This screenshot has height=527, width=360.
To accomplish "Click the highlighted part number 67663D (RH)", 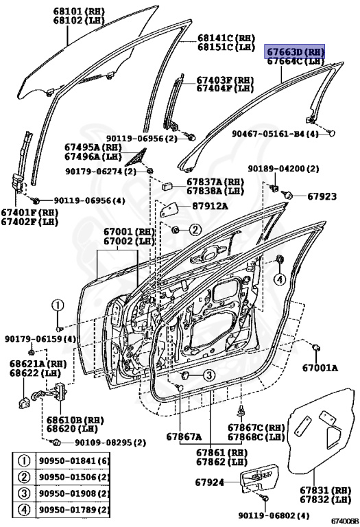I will [295, 51].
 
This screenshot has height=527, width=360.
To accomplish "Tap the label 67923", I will [322, 196].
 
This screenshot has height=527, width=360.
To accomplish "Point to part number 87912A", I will [210, 206].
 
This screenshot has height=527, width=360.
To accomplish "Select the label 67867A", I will [183, 436].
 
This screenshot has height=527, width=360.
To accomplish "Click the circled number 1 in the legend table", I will [23, 461].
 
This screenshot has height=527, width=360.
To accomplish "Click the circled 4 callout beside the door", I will [280, 279].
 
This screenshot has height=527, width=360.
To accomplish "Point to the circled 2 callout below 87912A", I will [195, 229].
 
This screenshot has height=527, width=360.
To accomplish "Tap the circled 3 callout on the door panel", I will [208, 375].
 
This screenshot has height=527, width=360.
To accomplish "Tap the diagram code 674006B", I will [344, 522].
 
